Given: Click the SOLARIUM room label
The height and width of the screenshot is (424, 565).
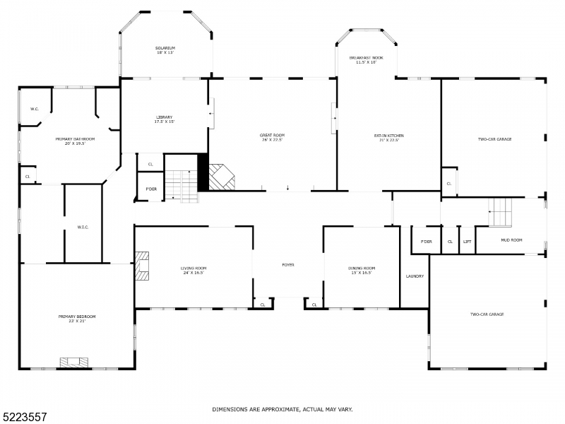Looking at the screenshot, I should tap(165, 47).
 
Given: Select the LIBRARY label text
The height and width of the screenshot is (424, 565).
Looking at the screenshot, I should tap(164, 117).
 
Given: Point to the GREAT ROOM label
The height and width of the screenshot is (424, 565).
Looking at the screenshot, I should tap(272, 134).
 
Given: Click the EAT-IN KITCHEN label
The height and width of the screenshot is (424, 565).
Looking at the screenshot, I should tap(388, 134).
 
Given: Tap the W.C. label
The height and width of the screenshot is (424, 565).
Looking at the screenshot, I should tap(34, 109).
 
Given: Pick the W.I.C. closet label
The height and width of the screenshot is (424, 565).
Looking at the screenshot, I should tap(83, 227).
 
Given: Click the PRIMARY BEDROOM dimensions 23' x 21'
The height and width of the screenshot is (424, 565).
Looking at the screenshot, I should tap(77, 321).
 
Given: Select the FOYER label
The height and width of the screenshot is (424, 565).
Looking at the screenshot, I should tap(288, 264).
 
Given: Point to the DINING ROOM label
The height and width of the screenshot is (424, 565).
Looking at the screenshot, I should tap(362, 268).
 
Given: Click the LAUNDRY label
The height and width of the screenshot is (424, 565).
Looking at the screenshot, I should tap(415, 276).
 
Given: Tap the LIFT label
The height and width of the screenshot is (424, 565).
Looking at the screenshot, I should tap(467, 241).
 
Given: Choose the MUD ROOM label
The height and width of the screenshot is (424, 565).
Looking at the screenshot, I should tap(511, 240).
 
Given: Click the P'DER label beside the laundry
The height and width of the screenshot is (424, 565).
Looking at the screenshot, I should tap(426, 241).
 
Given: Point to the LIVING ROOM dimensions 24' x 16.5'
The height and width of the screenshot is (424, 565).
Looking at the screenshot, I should tap(193, 272).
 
